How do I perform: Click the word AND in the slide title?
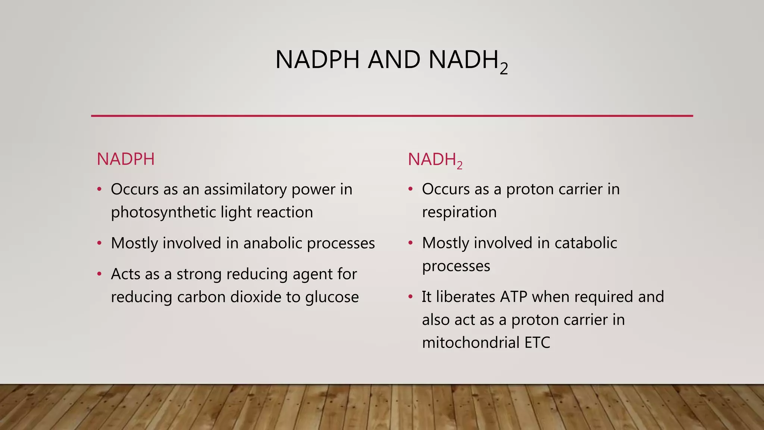394,60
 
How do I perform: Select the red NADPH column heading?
126,159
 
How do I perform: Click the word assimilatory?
245,189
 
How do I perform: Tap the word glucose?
332,297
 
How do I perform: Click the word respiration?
459,212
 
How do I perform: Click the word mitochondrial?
470,343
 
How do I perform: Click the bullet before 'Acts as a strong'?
99,274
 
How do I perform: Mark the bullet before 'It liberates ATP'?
410,297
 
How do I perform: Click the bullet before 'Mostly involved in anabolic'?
99,243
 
